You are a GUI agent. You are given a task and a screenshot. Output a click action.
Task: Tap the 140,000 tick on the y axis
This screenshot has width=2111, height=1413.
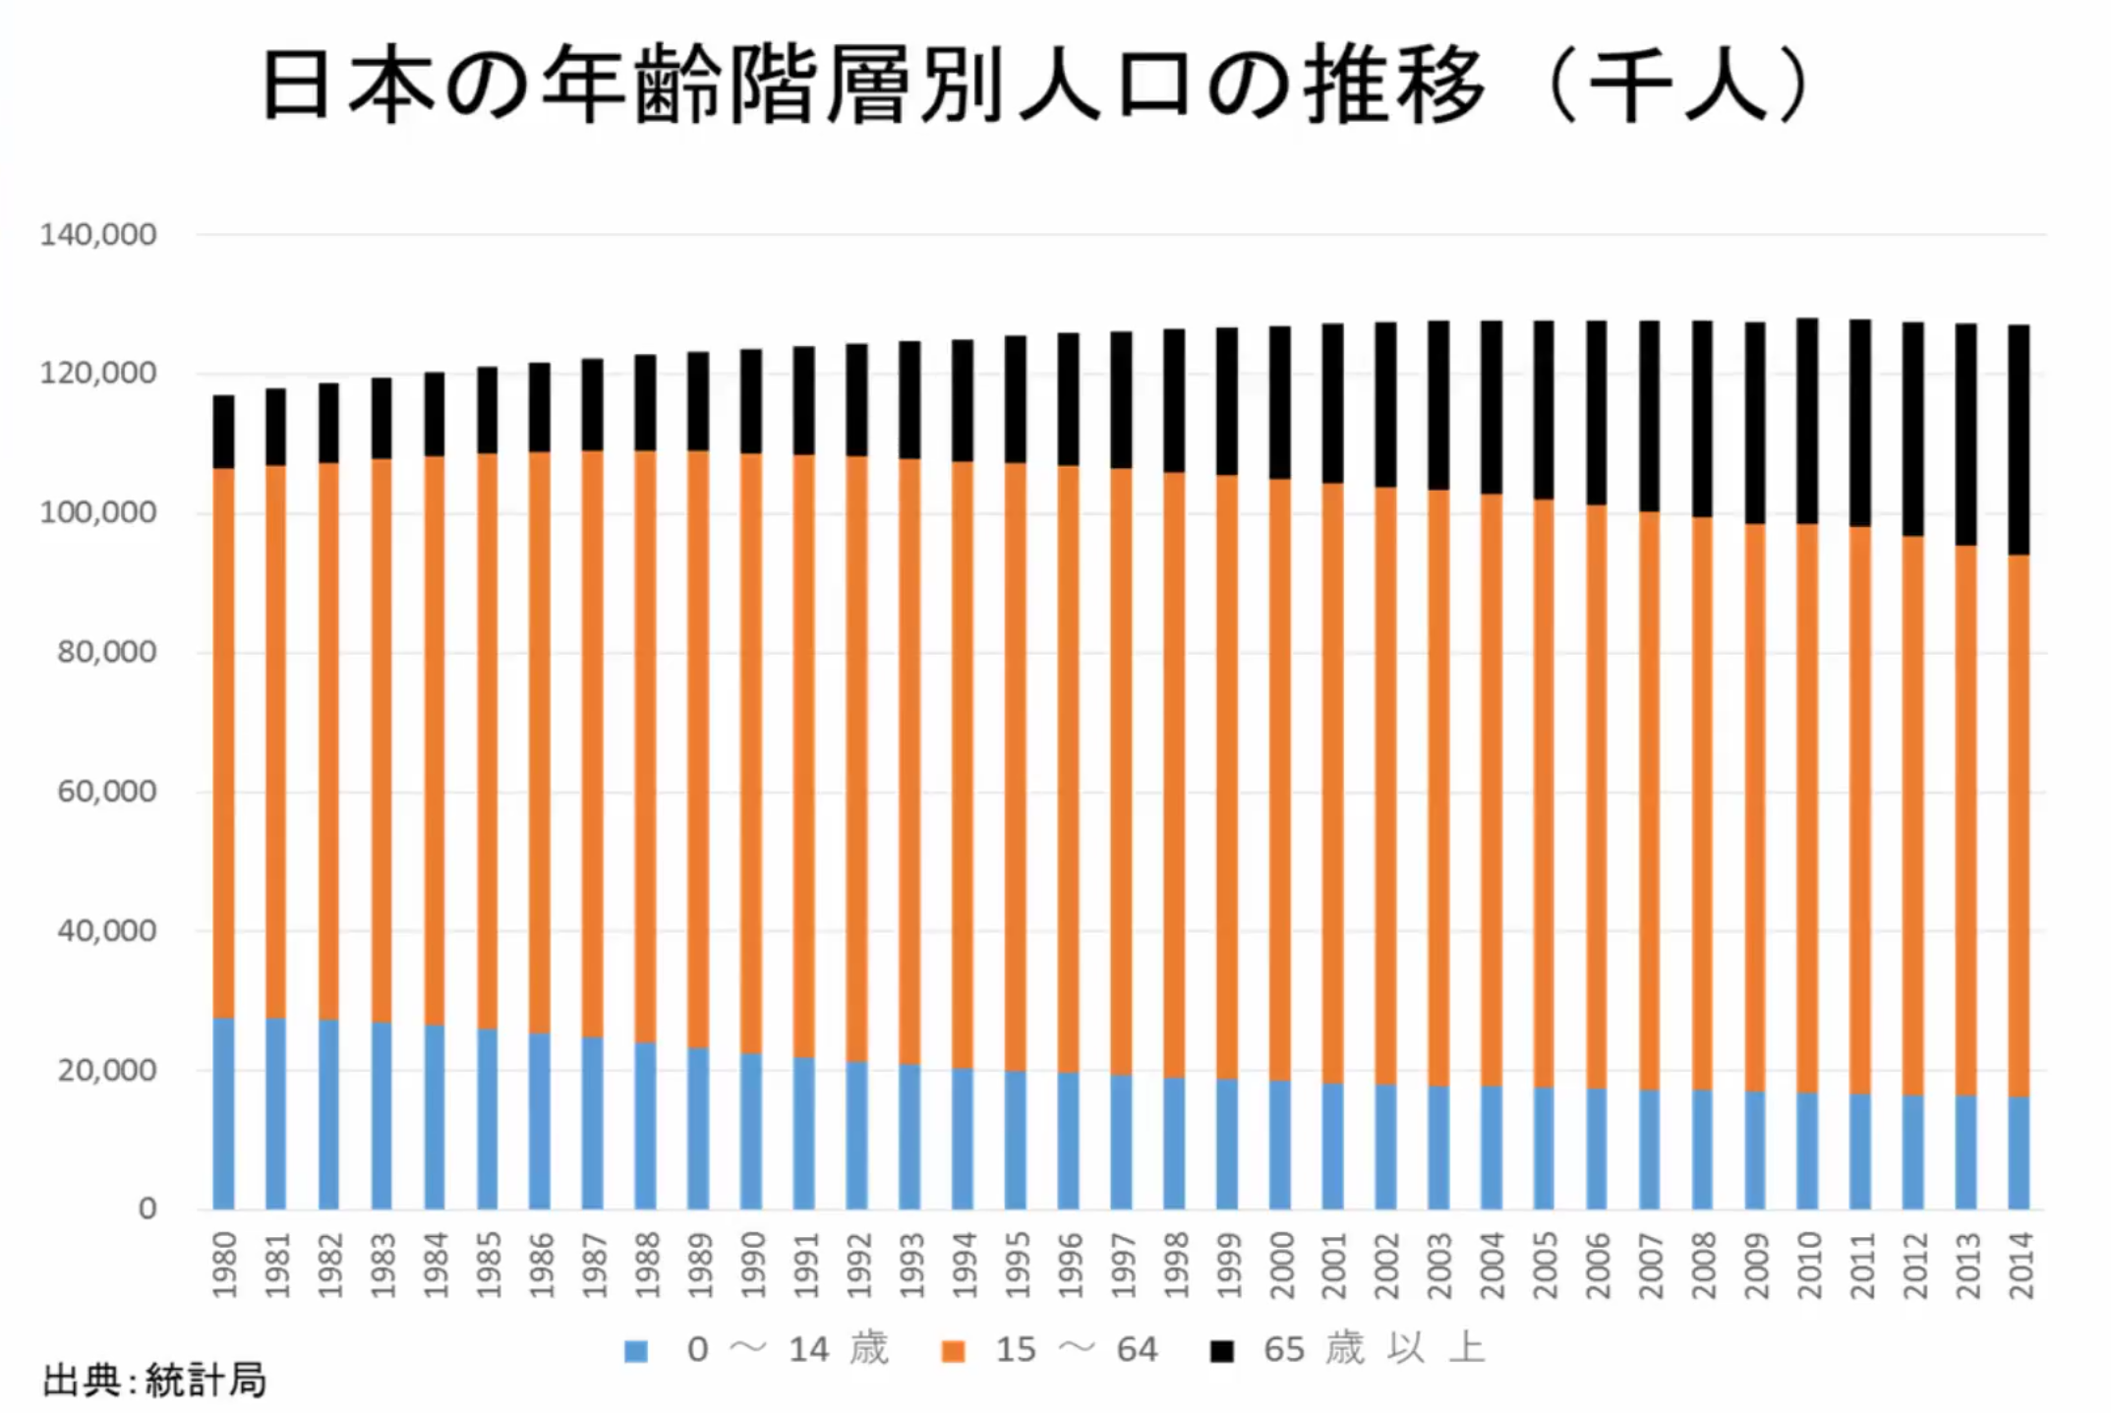pyautogui.click(x=97, y=235)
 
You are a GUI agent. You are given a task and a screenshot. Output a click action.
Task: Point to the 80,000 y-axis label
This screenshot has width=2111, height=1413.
pyautogui.click(x=106, y=652)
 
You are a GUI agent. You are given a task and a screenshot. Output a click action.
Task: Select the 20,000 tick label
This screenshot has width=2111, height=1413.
pyautogui.click(x=106, y=1070)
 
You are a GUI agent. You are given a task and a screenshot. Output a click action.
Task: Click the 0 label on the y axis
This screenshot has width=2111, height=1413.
pyautogui.click(x=147, y=1208)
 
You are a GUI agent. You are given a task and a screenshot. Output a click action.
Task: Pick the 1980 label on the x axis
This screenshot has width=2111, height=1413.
pyautogui.click(x=224, y=1266)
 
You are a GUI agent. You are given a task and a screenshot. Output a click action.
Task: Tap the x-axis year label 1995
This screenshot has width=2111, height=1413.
pyautogui.click(x=1017, y=1266)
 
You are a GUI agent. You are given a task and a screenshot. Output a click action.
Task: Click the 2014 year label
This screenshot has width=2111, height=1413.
pyautogui.click(x=2020, y=1266)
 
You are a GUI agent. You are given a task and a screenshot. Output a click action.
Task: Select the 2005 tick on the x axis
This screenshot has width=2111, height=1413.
pyautogui.click(x=1545, y=1266)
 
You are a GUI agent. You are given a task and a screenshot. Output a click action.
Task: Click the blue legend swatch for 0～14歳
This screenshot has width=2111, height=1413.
pyautogui.click(x=636, y=1351)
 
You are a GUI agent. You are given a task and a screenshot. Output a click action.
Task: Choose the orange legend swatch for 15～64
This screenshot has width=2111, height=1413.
pyautogui.click(x=953, y=1351)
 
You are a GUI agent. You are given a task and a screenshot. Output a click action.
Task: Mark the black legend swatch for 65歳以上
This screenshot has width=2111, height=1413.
pyautogui.click(x=1221, y=1351)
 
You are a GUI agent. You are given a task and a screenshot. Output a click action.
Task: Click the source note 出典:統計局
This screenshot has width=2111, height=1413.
pyautogui.click(x=154, y=1381)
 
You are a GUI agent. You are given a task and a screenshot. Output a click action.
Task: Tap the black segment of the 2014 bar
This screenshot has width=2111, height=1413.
pyautogui.click(x=2019, y=440)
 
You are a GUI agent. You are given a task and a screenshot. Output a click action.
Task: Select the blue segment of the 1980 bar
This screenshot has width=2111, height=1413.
pyautogui.click(x=224, y=1113)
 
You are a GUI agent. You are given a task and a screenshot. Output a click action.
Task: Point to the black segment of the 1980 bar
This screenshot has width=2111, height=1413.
pyautogui.click(x=224, y=432)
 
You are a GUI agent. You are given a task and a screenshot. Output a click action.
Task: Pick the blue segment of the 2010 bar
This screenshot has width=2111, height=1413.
pyautogui.click(x=1807, y=1150)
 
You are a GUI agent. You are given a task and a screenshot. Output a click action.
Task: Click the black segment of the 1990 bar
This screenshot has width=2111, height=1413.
pyautogui.click(x=751, y=401)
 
